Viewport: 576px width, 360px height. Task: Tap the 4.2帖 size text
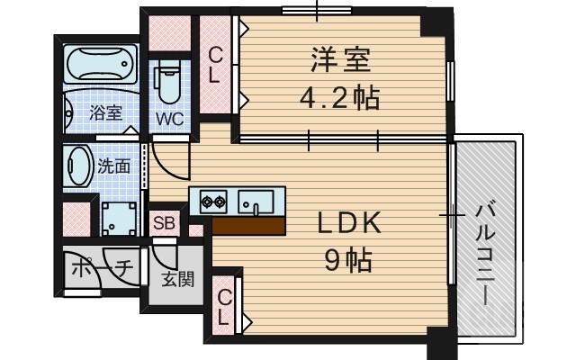[x=340, y=96]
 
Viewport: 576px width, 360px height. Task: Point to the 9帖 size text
[x=348, y=260]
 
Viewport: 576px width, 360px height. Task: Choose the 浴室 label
[x=105, y=113]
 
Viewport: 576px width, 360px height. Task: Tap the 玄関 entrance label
[x=176, y=279]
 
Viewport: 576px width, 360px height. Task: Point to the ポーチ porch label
[x=102, y=268]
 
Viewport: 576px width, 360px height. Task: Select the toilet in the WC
[x=167, y=85]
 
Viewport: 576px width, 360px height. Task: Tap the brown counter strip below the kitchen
[x=248, y=224]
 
